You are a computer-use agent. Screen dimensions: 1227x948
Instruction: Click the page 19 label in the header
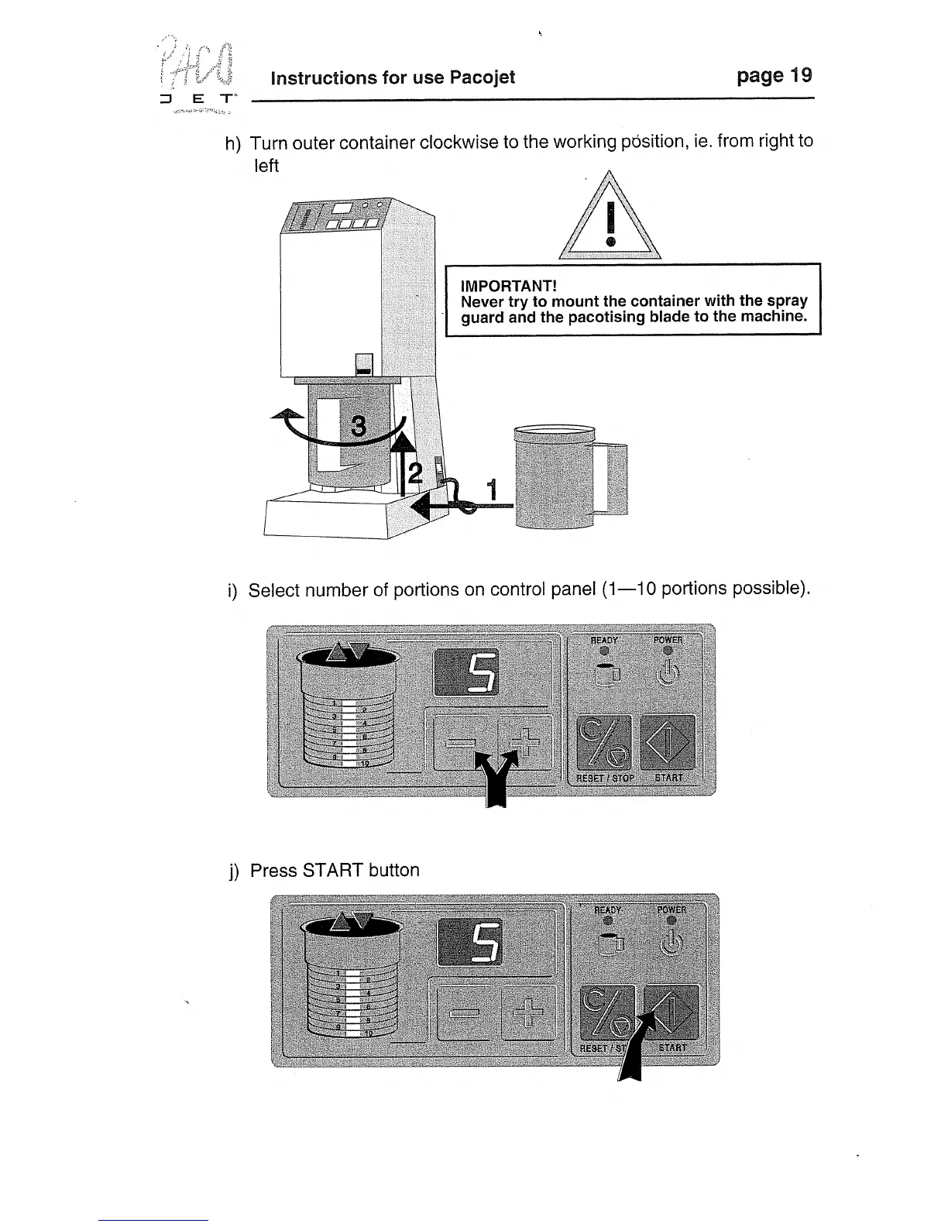pyautogui.click(x=774, y=76)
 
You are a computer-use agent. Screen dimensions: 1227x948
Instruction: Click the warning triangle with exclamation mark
pyautogui.click(x=610, y=221)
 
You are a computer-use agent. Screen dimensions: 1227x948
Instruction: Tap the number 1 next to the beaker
pyautogui.click(x=490, y=490)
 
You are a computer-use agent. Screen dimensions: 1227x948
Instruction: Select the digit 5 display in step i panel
pyautogui.click(x=466, y=672)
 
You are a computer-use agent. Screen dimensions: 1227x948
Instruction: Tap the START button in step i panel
pyautogui.click(x=668, y=741)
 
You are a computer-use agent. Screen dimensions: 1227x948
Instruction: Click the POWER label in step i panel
pyautogui.click(x=668, y=640)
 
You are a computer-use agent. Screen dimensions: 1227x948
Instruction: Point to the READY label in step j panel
pyautogui.click(x=608, y=909)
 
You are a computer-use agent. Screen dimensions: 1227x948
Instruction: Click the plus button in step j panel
pyautogui.click(x=529, y=1013)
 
